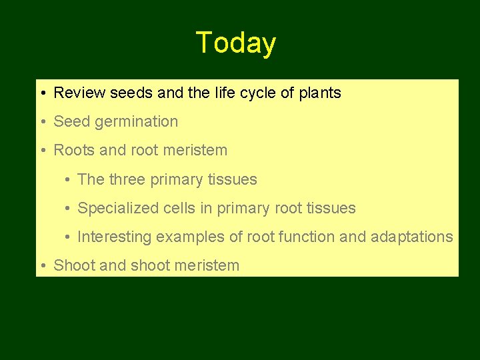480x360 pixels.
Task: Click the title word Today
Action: (236, 43)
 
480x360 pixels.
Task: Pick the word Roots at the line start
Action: (74, 151)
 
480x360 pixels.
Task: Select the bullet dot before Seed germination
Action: (42, 122)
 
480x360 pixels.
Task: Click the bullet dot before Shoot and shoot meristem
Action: (42, 265)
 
